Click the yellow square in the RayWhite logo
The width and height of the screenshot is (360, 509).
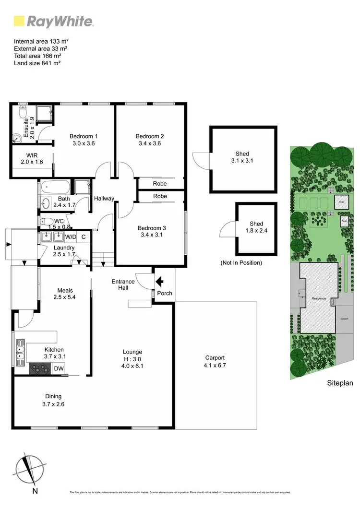click(19, 21)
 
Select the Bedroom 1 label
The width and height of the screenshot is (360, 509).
click(84, 136)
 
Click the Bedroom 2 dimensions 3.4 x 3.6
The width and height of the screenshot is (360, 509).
click(150, 143)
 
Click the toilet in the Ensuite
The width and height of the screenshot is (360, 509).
click(22, 113)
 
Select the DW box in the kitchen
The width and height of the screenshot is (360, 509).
click(59, 368)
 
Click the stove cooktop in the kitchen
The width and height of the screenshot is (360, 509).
click(41, 368)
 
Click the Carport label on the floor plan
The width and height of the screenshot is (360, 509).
click(215, 357)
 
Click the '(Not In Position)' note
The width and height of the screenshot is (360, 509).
click(241, 263)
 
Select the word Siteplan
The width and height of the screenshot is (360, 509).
click(340, 383)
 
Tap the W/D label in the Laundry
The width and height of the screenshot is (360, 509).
click(71, 237)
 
